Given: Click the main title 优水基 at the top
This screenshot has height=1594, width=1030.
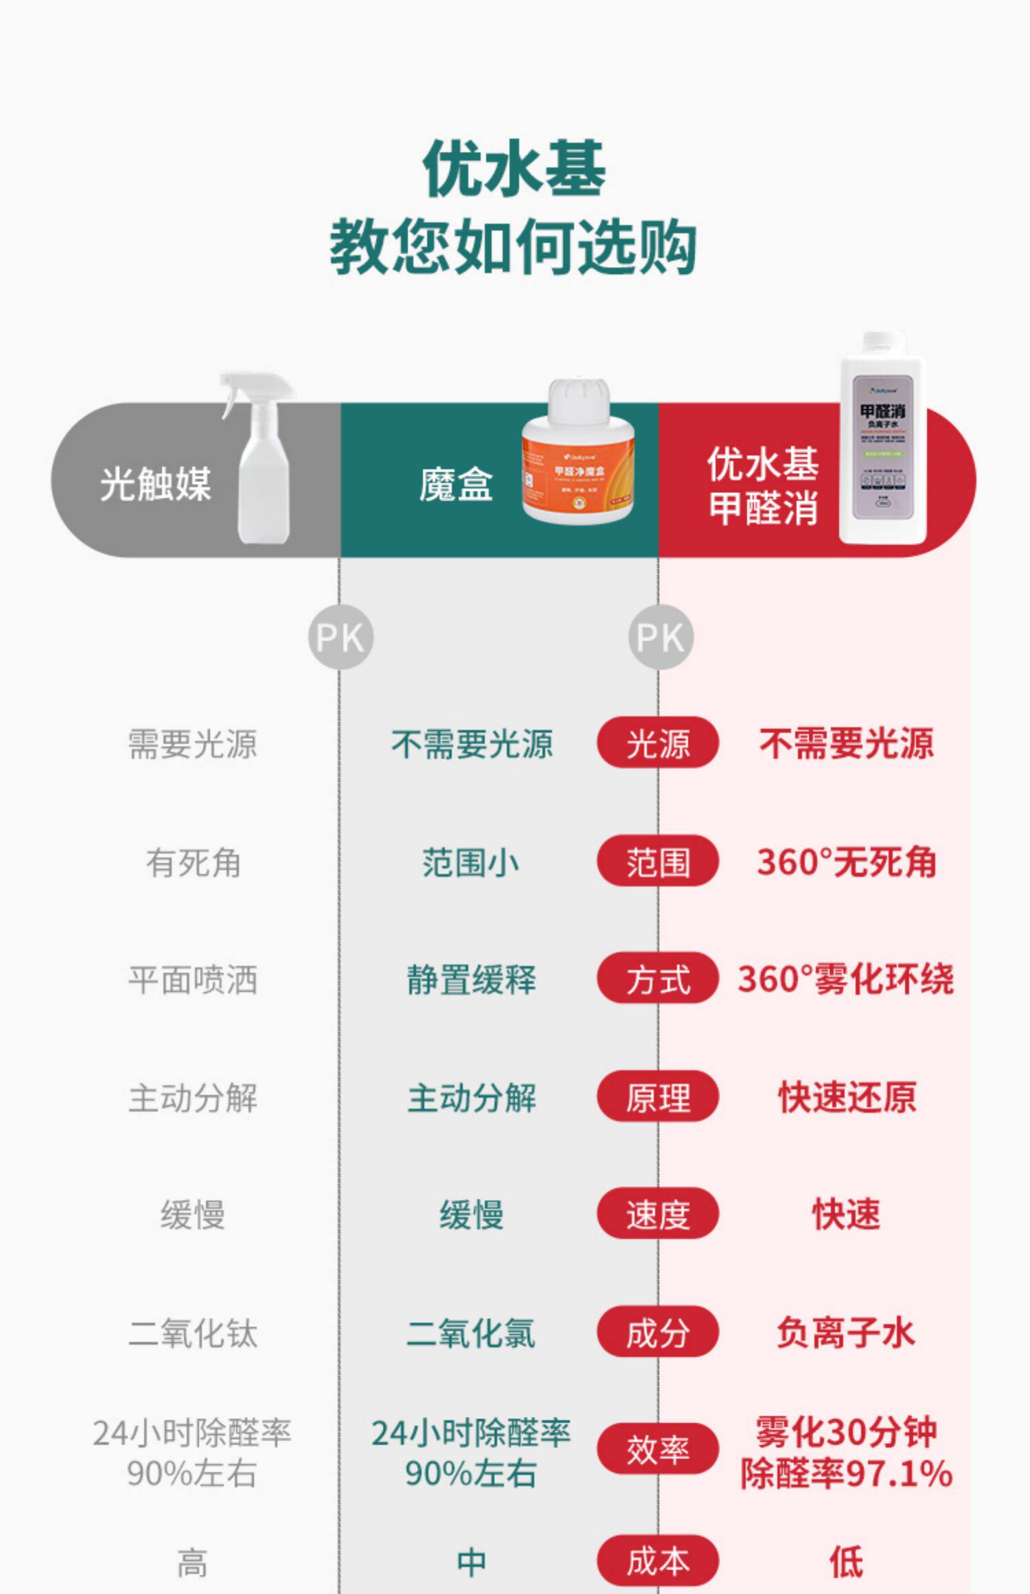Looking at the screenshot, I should point(514,169).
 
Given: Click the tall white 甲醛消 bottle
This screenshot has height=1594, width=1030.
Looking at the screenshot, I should point(883,439).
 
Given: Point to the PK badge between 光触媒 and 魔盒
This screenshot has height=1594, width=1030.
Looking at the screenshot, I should point(341,637).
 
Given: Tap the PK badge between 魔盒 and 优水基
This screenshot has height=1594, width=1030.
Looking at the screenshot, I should point(661,637).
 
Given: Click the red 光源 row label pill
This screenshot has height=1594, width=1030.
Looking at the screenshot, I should point(658,743).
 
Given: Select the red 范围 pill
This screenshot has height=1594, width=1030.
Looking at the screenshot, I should point(658,861).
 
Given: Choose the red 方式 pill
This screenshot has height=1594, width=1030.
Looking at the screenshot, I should point(658,978).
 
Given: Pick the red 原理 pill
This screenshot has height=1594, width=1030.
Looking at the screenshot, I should point(658,1096).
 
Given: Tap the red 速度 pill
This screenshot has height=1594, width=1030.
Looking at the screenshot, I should point(658,1214).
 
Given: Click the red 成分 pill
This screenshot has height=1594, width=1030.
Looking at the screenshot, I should point(658,1332).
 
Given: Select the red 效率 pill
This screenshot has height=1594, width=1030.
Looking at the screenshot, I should point(658,1449).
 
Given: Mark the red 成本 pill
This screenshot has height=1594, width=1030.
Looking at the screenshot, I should point(658,1561).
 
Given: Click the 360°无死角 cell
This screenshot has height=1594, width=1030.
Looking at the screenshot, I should point(846,862).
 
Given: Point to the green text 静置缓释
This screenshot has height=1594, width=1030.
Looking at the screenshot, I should point(471,980).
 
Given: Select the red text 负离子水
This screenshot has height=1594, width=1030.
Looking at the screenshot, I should point(846,1332).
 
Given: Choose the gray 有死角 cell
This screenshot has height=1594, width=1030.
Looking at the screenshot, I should point(193,862).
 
